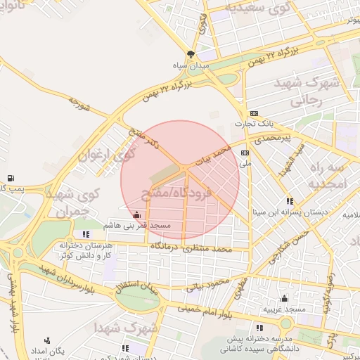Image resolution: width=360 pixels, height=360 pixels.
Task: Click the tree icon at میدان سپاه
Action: [191, 54]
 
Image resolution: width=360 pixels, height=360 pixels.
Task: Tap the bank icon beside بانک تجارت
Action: [254, 114]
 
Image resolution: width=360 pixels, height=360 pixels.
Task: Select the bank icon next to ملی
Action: [245, 153]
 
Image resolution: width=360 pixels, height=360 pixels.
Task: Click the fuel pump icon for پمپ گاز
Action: [10, 178]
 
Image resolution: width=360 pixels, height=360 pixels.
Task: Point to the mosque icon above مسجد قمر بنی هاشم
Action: [136, 214]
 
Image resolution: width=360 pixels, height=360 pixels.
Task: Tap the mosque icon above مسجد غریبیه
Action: [283, 298]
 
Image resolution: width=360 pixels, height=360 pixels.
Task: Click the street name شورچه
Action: [79, 106]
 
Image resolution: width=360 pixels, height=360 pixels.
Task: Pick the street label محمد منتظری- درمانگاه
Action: [195, 248]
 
